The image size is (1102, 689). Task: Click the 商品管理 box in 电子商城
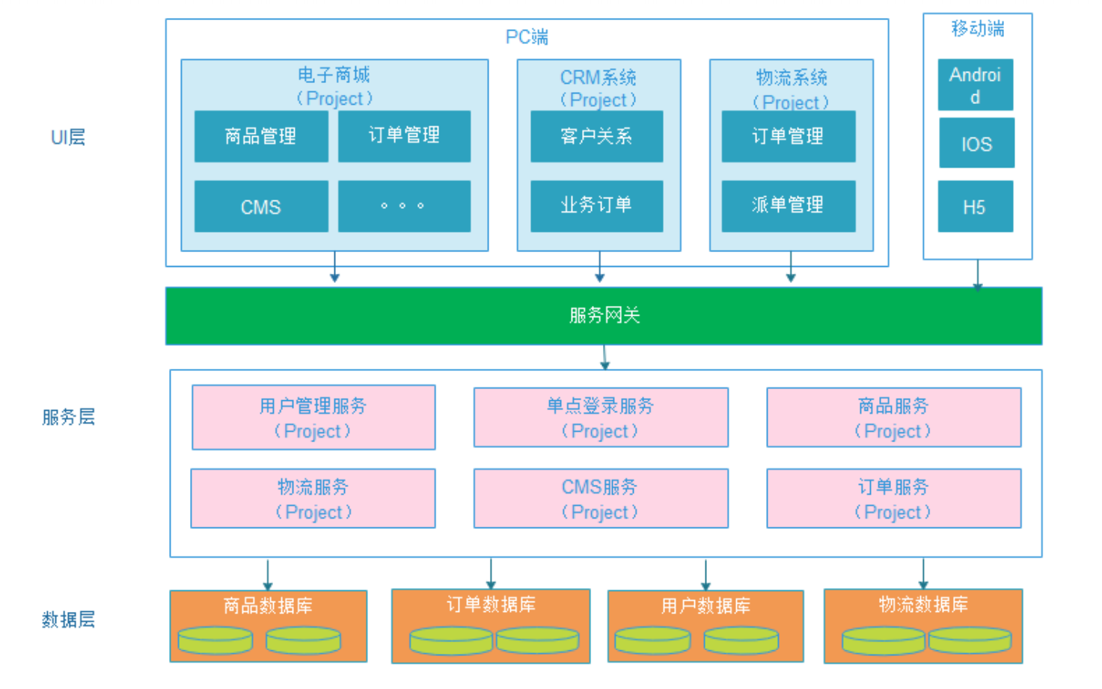(x=261, y=136)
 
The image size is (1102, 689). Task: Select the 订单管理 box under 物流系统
(x=788, y=136)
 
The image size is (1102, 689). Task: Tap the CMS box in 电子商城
(x=261, y=206)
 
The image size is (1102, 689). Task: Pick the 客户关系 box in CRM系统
(x=596, y=136)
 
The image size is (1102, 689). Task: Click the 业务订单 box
(x=596, y=206)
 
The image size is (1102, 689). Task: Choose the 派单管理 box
(x=788, y=206)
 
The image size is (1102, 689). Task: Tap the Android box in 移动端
(x=976, y=85)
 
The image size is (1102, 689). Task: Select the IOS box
(x=976, y=144)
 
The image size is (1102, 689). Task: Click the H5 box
(x=975, y=206)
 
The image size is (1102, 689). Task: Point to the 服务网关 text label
(x=604, y=316)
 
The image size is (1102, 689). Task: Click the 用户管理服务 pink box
(x=313, y=417)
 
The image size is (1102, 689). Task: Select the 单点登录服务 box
(x=601, y=417)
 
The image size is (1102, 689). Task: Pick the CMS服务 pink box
(x=601, y=499)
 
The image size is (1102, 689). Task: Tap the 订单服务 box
(x=893, y=499)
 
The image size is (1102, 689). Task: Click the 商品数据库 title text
(x=268, y=605)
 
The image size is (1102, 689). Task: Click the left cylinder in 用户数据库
(x=652, y=640)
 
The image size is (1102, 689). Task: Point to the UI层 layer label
(x=68, y=138)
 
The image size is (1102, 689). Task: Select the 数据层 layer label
(x=68, y=619)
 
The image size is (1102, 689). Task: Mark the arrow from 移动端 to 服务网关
(x=978, y=274)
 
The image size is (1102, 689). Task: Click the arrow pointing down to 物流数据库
(x=923, y=574)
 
